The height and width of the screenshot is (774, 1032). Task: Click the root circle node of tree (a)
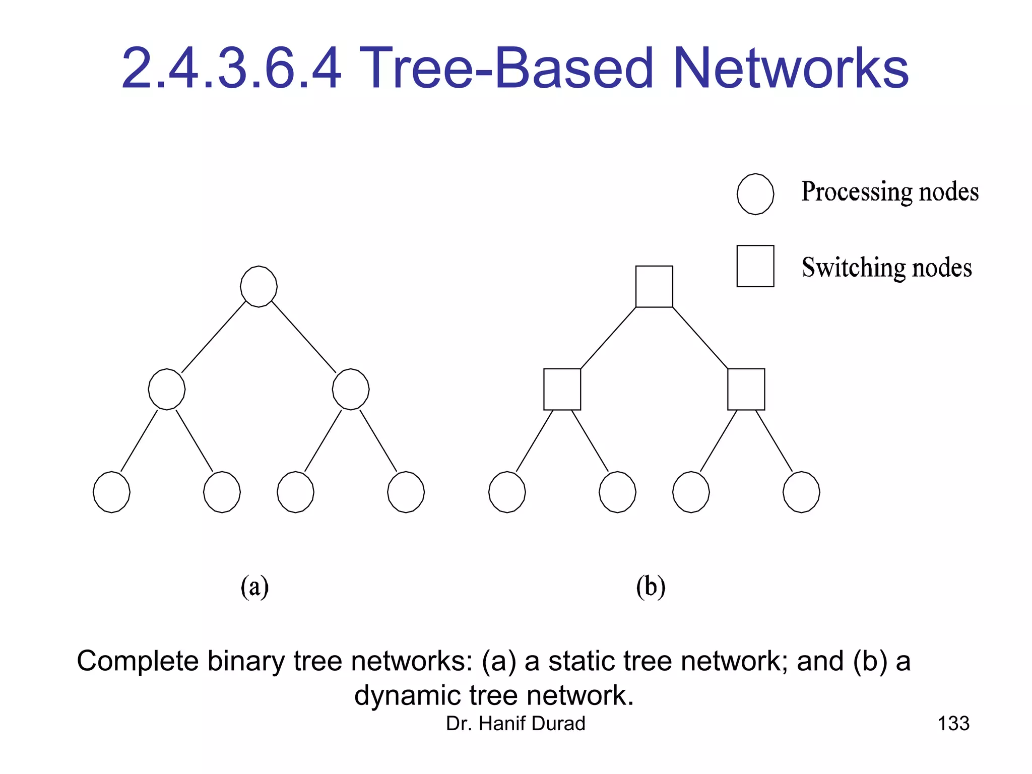tap(259, 286)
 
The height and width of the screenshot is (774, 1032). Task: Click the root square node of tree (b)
tap(654, 286)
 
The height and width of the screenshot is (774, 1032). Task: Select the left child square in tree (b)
tap(562, 389)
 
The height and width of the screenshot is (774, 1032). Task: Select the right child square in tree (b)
tap(746, 389)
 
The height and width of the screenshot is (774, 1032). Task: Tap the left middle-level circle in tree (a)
tap(167, 389)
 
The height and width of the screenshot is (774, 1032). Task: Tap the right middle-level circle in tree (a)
tap(351, 389)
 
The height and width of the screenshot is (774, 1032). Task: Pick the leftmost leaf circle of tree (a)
tap(111, 492)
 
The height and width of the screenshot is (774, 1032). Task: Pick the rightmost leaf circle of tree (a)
tap(406, 492)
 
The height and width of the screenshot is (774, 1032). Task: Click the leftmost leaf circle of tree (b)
tap(507, 492)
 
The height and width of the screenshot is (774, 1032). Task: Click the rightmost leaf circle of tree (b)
tap(801, 492)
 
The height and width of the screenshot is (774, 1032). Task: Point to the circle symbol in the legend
tap(755, 194)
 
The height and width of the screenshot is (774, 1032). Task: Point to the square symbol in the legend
tap(755, 266)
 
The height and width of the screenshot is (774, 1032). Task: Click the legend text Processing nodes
tap(889, 192)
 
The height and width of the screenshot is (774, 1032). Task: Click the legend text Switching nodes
tap(886, 268)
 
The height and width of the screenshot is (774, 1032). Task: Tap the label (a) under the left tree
tap(254, 587)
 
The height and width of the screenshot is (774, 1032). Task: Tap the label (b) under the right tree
tap(651, 587)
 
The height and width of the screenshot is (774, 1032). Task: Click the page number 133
tap(953, 724)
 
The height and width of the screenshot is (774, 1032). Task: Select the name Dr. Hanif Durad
tap(515, 724)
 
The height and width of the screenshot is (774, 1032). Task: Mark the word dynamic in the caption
tap(407, 696)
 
